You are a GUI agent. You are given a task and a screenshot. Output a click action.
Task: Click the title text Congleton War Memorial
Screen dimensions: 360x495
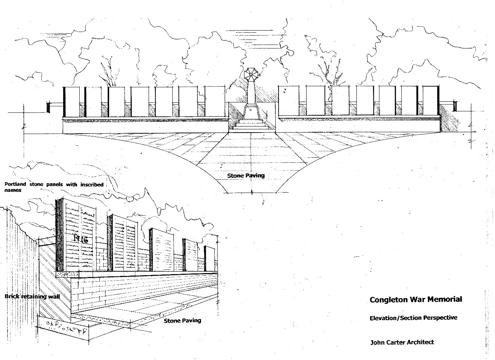click(416, 299)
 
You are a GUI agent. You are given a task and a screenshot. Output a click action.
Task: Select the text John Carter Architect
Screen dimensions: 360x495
click(402, 342)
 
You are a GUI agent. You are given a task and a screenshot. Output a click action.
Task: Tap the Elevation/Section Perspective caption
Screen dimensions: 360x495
click(413, 318)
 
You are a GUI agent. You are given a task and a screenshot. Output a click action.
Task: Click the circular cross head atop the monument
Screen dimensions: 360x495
click(251, 75)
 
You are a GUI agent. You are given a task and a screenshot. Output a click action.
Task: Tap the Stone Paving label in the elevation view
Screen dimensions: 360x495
click(246, 176)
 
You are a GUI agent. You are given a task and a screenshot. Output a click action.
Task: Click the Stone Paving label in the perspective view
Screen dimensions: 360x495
click(182, 320)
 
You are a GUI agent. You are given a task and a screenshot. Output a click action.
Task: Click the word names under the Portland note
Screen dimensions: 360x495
click(13, 190)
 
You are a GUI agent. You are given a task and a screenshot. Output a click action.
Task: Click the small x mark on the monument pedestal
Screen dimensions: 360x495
click(251, 110)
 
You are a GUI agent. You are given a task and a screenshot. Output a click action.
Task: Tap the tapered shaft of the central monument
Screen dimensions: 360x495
click(251, 92)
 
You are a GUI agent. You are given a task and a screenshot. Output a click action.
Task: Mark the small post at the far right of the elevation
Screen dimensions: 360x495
click(455, 106)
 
